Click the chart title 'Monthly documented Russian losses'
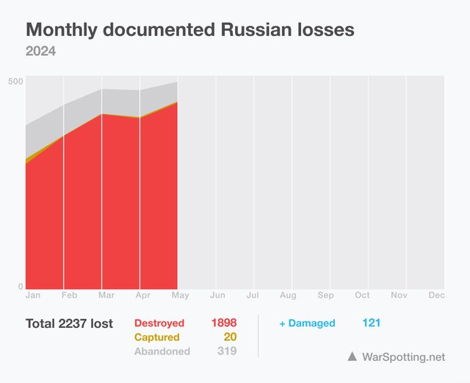coord(190,30)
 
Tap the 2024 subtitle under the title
coord(41,51)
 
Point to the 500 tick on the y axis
coord(15,81)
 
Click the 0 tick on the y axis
coord(21,287)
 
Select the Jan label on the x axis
coord(33,296)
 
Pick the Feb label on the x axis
coord(70,296)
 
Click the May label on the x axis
coord(180,296)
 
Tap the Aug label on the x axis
coord(288,296)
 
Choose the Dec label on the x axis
coord(436,296)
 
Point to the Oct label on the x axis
coord(362,296)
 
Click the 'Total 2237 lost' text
coord(69,323)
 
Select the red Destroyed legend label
coord(159,323)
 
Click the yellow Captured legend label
coord(156,337)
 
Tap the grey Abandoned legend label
coord(162,351)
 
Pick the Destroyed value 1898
coord(223,323)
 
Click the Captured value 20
coord(230,337)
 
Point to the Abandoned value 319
coord(226,351)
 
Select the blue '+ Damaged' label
coord(307,323)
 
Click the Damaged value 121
coord(371,323)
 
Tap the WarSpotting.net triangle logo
coord(352,357)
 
